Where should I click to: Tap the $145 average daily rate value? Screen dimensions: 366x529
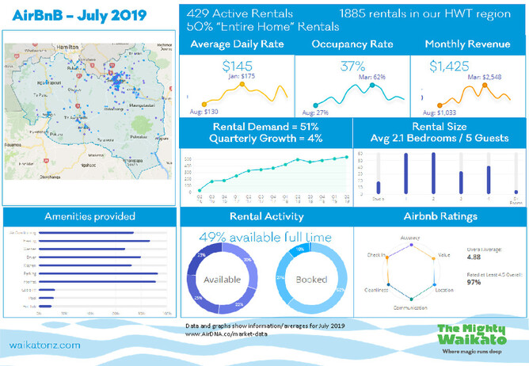(238, 67)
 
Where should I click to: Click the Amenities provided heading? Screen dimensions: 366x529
(89, 216)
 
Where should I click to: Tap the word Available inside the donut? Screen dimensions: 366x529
(221, 280)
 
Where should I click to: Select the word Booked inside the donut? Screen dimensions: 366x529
(310, 280)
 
